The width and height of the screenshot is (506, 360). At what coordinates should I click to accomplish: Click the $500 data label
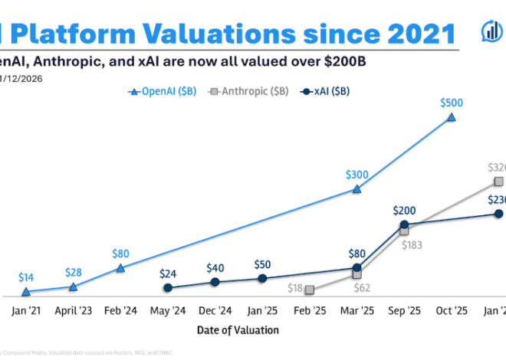[x=452, y=103]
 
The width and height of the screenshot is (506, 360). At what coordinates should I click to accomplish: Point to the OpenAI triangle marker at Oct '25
[x=452, y=117]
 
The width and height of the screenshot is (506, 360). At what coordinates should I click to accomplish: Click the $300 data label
[x=356, y=174]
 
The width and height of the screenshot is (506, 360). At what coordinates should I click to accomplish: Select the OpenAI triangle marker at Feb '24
[x=120, y=268]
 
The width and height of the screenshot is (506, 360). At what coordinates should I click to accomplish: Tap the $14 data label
[x=26, y=278]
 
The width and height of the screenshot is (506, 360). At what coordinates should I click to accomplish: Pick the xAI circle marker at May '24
[x=168, y=288]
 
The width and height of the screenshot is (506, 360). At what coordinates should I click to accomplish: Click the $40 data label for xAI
[x=215, y=268]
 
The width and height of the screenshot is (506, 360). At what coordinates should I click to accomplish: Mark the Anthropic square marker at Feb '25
[x=310, y=290]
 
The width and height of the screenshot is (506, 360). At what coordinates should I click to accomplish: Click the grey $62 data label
[x=363, y=288]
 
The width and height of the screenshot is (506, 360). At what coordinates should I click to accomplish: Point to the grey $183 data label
[x=412, y=244]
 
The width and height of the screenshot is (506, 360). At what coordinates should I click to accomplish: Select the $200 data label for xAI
[x=404, y=210]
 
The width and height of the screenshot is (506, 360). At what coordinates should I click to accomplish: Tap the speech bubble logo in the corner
[x=490, y=31]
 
